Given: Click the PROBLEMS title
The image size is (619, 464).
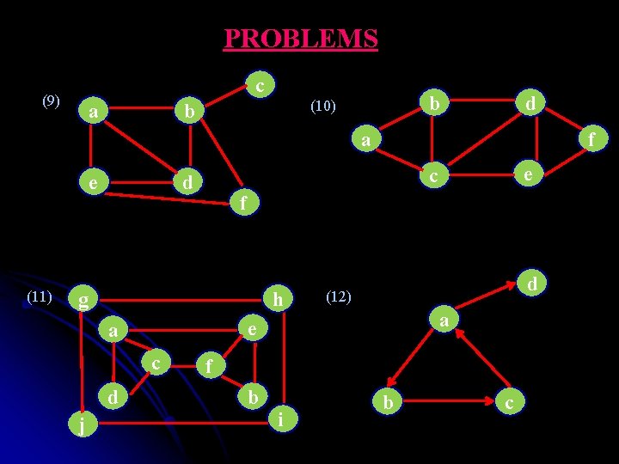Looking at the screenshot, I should pyautogui.click(x=300, y=39).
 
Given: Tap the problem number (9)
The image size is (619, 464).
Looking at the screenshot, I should pyautogui.click(x=52, y=101).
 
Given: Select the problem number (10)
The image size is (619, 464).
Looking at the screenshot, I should pyautogui.click(x=323, y=107).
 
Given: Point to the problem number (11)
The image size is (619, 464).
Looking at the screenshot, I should pyautogui.click(x=40, y=296).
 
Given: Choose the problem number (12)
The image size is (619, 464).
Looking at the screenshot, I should pyautogui.click(x=339, y=296).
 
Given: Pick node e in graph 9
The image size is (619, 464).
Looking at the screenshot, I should pyautogui.click(x=91, y=183).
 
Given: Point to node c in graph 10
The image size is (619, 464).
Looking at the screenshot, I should pyautogui.click(x=435, y=174).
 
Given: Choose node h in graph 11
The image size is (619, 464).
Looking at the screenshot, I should pyautogui.click(x=277, y=300).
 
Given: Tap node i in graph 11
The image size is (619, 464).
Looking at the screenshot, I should pyautogui.click(x=282, y=418).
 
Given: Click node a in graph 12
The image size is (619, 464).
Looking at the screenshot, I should pyautogui.click(x=444, y=321).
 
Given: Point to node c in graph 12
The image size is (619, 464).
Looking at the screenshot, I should pyautogui.click(x=510, y=402).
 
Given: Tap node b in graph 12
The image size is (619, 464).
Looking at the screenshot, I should pyautogui.click(x=389, y=402).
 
